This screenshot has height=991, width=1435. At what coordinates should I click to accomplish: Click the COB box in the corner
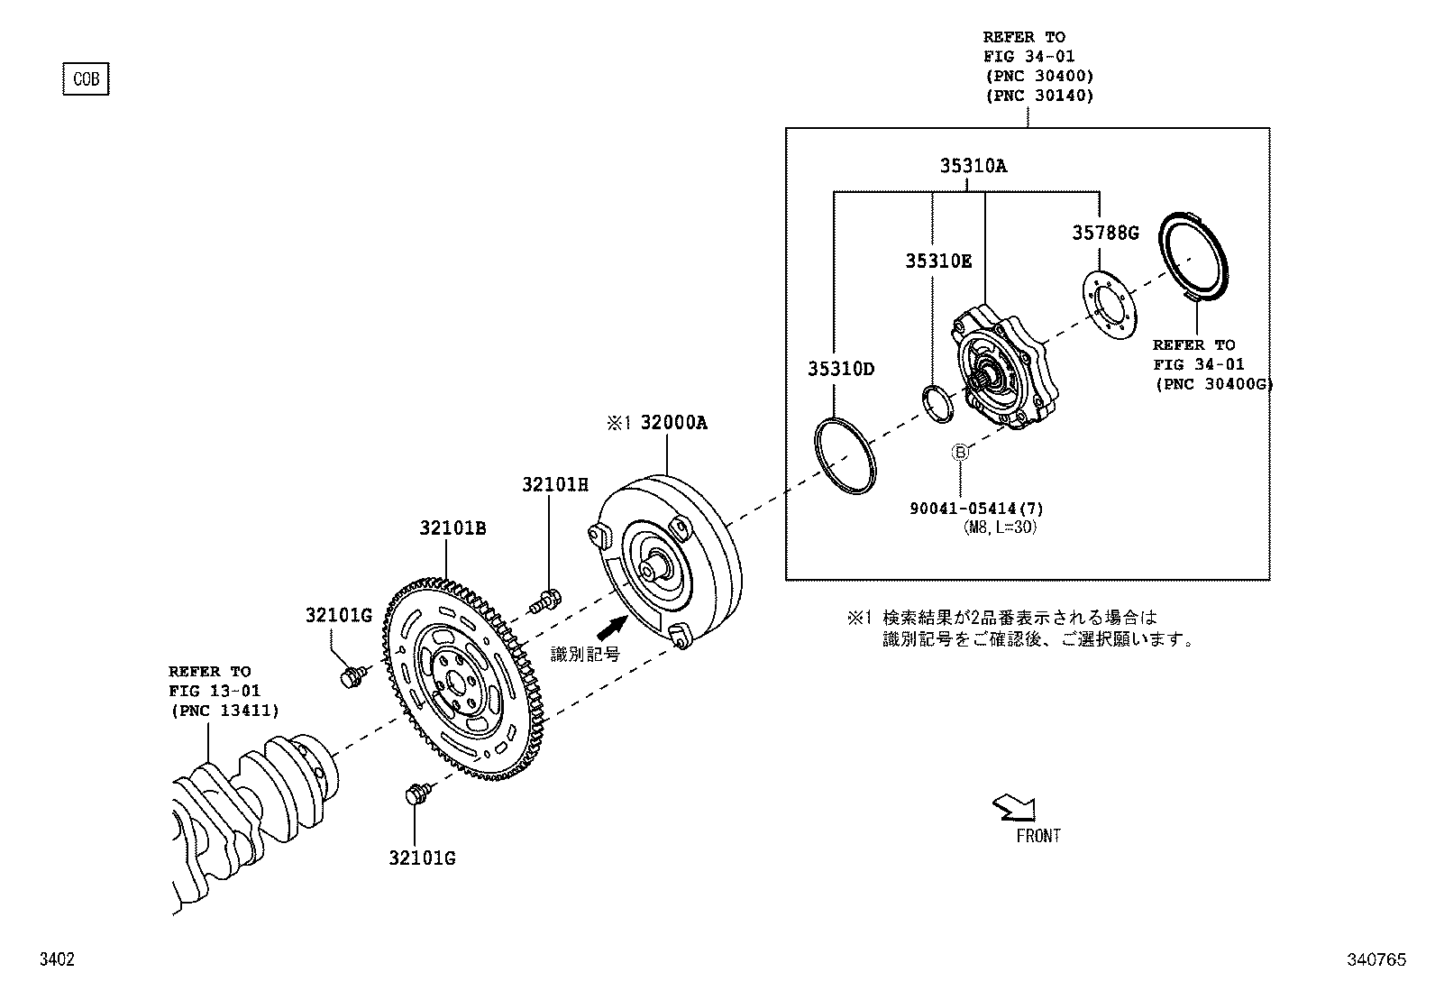click(86, 79)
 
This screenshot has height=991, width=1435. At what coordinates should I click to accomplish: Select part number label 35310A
click(973, 166)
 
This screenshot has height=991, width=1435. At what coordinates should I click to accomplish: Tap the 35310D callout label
click(840, 369)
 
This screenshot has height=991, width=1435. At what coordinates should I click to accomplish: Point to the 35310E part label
click(938, 262)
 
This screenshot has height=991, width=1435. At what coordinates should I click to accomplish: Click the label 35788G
click(1105, 233)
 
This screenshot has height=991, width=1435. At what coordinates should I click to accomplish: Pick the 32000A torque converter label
click(673, 423)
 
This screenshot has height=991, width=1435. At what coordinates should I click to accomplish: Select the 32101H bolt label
click(554, 485)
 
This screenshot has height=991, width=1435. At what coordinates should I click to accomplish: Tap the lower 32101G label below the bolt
click(422, 858)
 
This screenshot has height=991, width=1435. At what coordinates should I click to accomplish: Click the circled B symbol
click(961, 452)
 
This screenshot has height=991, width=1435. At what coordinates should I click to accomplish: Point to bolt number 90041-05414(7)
click(976, 509)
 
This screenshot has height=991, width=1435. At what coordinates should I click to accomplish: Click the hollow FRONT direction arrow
click(1012, 808)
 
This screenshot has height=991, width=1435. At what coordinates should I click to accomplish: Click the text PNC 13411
click(224, 711)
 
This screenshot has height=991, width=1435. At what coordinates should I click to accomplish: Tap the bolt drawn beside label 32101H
click(544, 598)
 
